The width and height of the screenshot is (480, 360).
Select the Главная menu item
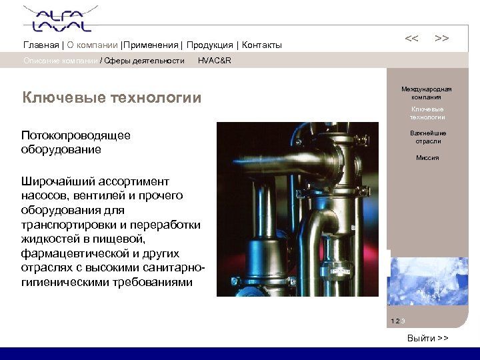41,45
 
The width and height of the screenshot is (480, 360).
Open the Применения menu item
151,45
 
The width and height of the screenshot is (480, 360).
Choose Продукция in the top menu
209,45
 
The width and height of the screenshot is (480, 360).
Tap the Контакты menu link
262,45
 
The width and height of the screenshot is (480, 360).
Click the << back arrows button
412,39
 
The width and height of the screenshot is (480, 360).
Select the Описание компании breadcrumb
60,61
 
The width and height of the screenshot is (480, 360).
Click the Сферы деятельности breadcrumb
144,61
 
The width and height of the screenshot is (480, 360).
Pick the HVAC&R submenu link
215,61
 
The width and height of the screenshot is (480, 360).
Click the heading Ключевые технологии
111,99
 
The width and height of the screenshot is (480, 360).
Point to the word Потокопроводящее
76,135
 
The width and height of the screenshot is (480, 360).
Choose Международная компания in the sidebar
427,93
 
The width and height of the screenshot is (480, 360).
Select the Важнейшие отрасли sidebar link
427,137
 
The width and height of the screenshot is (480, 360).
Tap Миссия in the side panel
427,158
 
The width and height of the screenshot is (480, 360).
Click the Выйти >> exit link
427,339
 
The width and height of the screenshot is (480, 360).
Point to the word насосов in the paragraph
45,195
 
